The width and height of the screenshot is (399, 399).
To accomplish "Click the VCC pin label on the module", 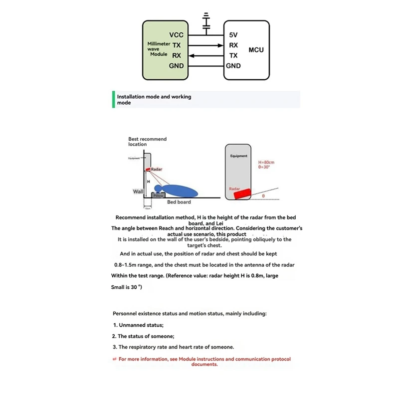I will click(x=176, y=35).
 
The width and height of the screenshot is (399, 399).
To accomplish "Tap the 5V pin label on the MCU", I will click(x=233, y=35).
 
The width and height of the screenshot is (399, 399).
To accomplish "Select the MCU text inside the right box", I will click(x=256, y=50).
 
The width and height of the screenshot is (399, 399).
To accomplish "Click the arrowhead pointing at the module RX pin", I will click(x=192, y=55).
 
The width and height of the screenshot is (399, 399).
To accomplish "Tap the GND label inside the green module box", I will click(x=176, y=66).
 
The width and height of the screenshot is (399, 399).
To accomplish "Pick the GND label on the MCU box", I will click(x=233, y=66).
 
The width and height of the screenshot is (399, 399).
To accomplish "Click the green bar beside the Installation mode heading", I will click(x=114, y=99).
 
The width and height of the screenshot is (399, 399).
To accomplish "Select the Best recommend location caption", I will click(x=147, y=142).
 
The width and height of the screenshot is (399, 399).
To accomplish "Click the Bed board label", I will click(x=179, y=202).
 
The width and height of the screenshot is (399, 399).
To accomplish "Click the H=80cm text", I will click(x=267, y=163).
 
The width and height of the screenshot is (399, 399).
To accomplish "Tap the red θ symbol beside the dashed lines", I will click(x=263, y=196).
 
